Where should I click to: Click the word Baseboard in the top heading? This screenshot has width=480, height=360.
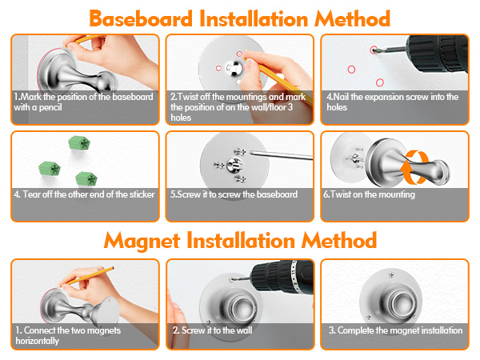[141, 19]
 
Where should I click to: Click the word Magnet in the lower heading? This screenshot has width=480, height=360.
[142, 241]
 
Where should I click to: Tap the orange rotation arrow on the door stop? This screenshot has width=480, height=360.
[414, 167]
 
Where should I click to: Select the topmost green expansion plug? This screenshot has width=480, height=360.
[79, 143]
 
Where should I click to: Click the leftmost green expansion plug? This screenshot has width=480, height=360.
[50, 168]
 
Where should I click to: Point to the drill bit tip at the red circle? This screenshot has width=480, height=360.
[374, 50]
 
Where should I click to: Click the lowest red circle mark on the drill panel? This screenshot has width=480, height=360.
[379, 82]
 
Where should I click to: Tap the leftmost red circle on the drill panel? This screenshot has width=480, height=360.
[351, 69]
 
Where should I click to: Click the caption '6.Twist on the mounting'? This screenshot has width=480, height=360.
[369, 194]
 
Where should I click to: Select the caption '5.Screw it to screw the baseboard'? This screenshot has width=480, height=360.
[234, 194]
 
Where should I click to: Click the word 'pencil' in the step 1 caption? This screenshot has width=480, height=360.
[50, 107]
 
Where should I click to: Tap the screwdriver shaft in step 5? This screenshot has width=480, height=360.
[282, 155]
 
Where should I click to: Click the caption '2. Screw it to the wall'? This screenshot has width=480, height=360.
[213, 330]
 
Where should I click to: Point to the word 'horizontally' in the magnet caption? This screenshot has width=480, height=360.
[38, 341]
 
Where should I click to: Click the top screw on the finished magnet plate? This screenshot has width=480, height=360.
[391, 275]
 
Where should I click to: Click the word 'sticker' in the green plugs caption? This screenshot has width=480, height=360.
[142, 194]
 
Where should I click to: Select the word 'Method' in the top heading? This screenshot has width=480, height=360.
[352, 19]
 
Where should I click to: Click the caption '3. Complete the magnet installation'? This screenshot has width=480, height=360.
[395, 330]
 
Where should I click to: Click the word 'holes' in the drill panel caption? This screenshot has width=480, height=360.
[337, 107]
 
